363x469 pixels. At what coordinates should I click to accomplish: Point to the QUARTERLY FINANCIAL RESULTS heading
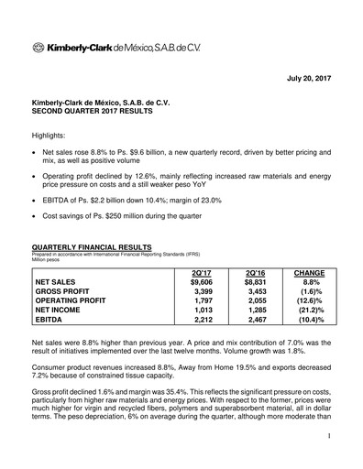click(96, 247)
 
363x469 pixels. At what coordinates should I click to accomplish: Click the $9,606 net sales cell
click(199, 283)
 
